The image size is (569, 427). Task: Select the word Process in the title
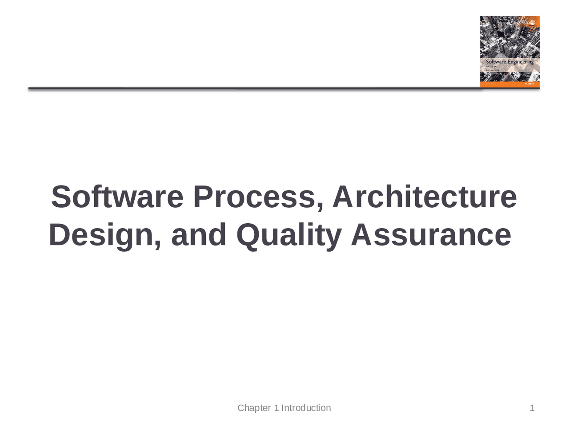(x=254, y=197)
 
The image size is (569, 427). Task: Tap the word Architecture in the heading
(x=425, y=197)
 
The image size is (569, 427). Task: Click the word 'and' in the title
(x=199, y=235)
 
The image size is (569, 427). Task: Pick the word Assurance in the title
(x=431, y=235)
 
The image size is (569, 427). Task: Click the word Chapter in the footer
(x=254, y=408)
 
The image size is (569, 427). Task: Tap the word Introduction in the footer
(x=306, y=408)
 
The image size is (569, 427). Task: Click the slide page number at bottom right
(x=532, y=408)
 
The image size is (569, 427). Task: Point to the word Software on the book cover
(x=496, y=62)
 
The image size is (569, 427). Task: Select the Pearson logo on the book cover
(x=529, y=84)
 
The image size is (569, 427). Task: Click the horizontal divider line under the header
(x=253, y=89)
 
